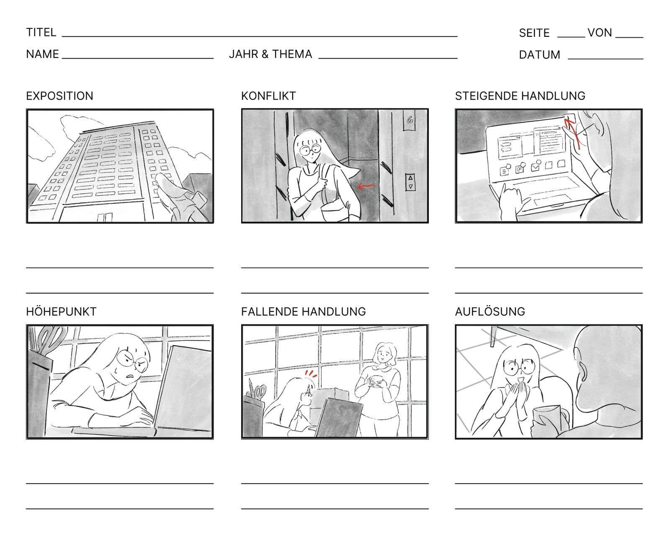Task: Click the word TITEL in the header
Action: (41, 32)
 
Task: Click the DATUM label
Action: (539, 55)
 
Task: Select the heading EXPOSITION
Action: (59, 96)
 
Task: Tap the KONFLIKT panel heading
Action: (268, 96)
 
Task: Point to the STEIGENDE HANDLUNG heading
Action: (520, 96)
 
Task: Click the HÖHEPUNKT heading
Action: (61, 312)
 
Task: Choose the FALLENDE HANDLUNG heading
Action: (303, 312)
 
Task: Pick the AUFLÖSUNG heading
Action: (490, 312)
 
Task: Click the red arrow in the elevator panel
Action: (366, 186)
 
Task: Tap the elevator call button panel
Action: (410, 182)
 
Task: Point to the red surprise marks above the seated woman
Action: (311, 374)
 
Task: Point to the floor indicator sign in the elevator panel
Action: (410, 120)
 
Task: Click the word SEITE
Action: (534, 33)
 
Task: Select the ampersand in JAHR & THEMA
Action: (265, 54)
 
